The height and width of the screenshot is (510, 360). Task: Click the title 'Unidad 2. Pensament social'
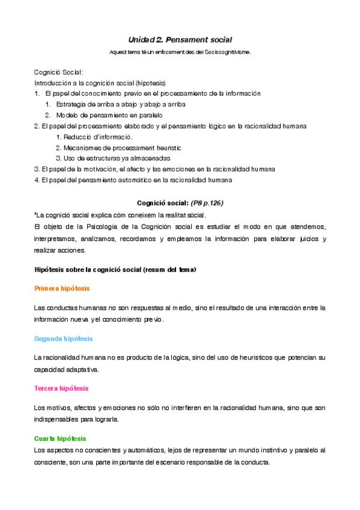click(180, 39)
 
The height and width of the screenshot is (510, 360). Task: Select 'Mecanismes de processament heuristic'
click(118, 147)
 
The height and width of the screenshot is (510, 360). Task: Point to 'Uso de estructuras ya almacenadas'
click(112, 158)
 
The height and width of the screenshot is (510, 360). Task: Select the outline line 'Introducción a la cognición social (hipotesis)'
click(100, 82)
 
